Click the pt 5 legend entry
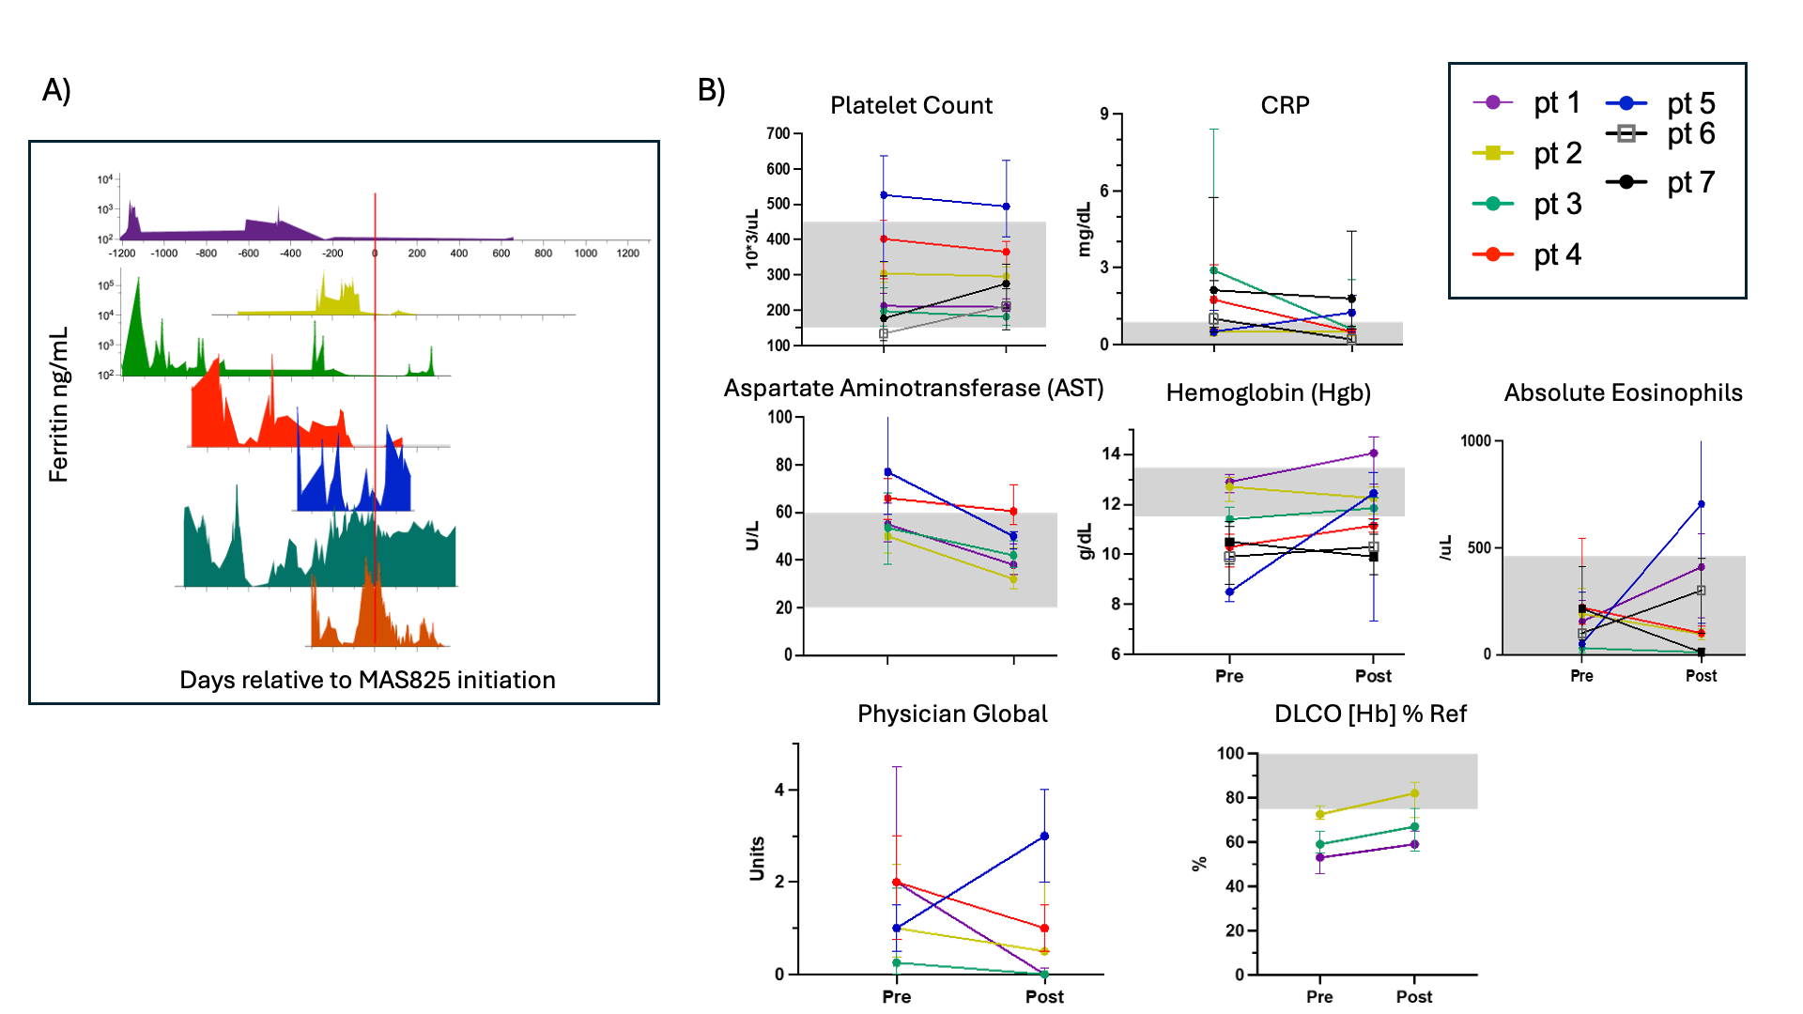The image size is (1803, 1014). (1661, 103)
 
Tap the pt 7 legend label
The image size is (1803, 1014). (1690, 182)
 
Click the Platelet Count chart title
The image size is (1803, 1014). (911, 105)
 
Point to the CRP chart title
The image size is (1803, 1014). (1285, 105)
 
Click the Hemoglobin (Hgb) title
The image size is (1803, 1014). (1268, 392)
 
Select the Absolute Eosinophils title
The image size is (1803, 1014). (1623, 392)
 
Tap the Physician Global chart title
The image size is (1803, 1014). (952, 714)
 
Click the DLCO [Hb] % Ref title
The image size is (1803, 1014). (1370, 714)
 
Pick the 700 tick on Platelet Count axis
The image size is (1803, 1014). (778, 133)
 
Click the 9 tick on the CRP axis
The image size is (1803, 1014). (1104, 115)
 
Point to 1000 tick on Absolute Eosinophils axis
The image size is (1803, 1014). (1475, 441)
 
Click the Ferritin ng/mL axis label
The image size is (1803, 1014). (59, 405)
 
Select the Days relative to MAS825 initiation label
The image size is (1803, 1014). (367, 680)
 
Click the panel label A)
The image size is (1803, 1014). (56, 90)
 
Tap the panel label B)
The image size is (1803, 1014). (711, 90)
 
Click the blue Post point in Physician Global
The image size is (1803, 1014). (1044, 836)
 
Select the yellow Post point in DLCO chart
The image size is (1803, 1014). (1414, 793)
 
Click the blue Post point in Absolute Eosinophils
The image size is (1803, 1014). (1701, 504)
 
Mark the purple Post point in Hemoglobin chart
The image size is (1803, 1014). (1374, 453)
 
